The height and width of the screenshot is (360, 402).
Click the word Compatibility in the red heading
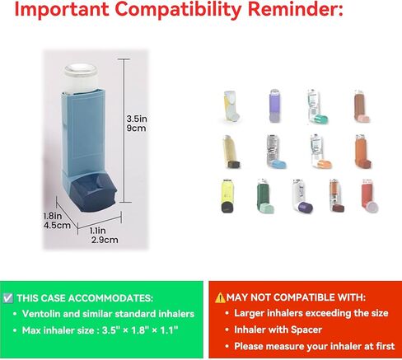178,9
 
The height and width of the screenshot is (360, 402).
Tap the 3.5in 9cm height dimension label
137,124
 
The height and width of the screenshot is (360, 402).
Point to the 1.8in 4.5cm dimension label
57,221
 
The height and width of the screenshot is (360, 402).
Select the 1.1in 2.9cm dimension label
104,236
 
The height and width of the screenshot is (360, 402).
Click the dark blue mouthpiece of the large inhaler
93,193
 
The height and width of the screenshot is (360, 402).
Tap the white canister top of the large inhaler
81,77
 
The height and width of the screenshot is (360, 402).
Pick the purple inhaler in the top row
274,105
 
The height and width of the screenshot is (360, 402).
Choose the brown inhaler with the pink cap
362,106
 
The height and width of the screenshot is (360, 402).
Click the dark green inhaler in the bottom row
264,196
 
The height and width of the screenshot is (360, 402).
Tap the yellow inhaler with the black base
227,196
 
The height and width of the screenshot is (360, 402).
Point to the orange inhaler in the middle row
362,152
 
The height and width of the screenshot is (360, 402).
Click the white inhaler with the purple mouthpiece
301,196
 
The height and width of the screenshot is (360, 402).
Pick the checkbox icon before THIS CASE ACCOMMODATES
7,298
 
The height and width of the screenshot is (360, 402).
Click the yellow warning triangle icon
220,297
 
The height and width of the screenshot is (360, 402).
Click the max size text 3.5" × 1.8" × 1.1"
140,330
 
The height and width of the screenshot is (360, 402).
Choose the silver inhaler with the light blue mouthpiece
276,152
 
